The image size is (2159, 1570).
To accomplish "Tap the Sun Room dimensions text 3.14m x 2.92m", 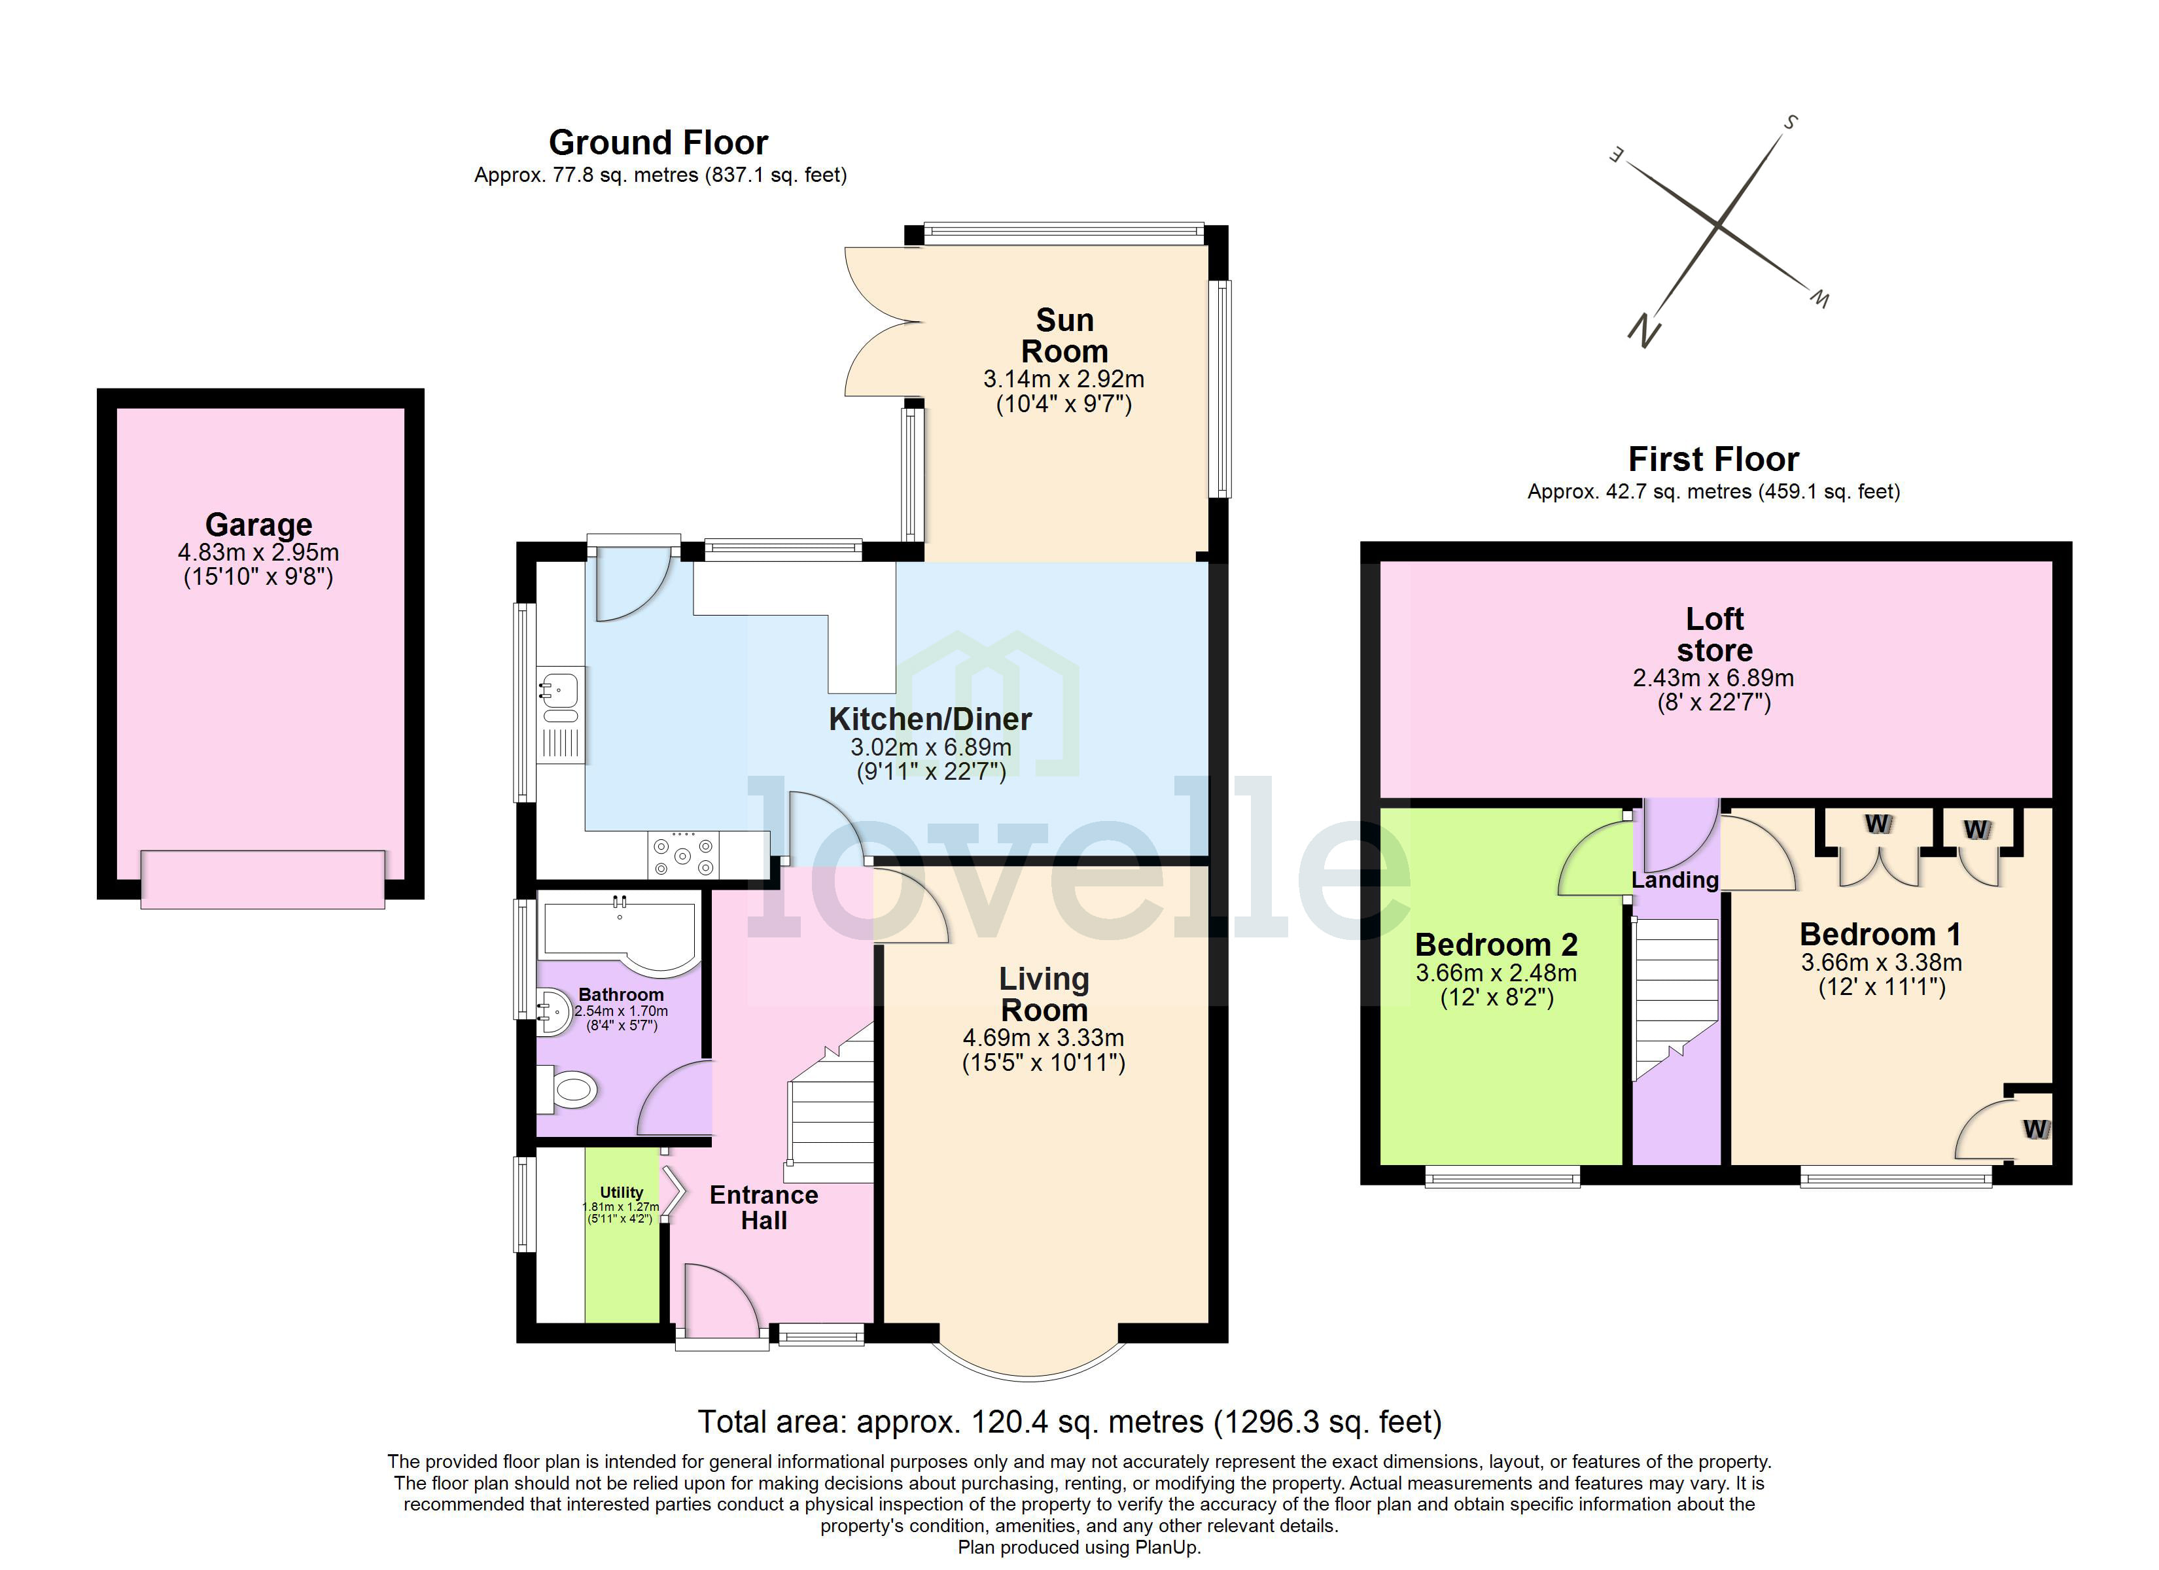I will [1063, 379].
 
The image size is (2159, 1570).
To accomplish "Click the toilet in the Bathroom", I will [569, 1089].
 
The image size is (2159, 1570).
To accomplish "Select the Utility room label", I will [621, 1192].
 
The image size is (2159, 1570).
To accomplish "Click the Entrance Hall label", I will [764, 1207].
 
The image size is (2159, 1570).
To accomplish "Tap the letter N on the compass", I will [1644, 330].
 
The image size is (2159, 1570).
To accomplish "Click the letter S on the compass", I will [1791, 122].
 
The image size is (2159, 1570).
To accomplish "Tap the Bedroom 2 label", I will [1496, 945].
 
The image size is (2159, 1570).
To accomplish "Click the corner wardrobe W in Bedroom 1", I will [2034, 1129].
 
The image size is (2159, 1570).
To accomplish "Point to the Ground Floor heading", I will [658, 143].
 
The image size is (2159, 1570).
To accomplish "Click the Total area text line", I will [1069, 1422].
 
